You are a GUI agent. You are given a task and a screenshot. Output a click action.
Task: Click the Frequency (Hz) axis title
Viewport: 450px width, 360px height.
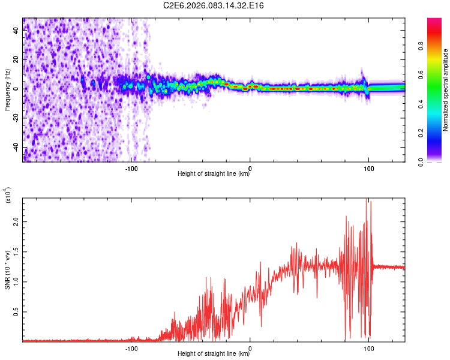8,90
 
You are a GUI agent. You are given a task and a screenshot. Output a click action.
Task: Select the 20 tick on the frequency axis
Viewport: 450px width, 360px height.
16,60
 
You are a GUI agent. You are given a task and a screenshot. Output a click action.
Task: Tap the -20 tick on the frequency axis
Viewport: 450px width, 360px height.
16,118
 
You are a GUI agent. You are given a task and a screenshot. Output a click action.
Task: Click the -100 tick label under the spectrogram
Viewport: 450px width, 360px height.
131,167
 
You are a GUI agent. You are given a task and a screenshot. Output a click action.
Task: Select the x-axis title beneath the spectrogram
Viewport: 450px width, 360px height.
214,174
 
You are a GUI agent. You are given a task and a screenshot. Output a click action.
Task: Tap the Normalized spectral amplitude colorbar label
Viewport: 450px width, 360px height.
445,90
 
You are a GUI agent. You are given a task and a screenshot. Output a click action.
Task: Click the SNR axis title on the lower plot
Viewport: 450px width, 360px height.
8,269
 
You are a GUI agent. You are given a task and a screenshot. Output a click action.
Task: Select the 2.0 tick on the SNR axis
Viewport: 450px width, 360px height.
16,221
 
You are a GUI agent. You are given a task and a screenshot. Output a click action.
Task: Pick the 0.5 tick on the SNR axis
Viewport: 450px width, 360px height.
16,312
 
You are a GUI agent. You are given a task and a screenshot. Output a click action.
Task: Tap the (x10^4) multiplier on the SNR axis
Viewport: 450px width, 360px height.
8,195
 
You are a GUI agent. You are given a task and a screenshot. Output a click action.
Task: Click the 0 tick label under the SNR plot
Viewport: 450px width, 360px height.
250,347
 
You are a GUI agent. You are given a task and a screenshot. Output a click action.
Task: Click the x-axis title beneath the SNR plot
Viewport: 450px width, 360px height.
214,354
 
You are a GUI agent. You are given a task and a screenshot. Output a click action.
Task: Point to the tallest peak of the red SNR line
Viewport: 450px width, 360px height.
366,199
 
